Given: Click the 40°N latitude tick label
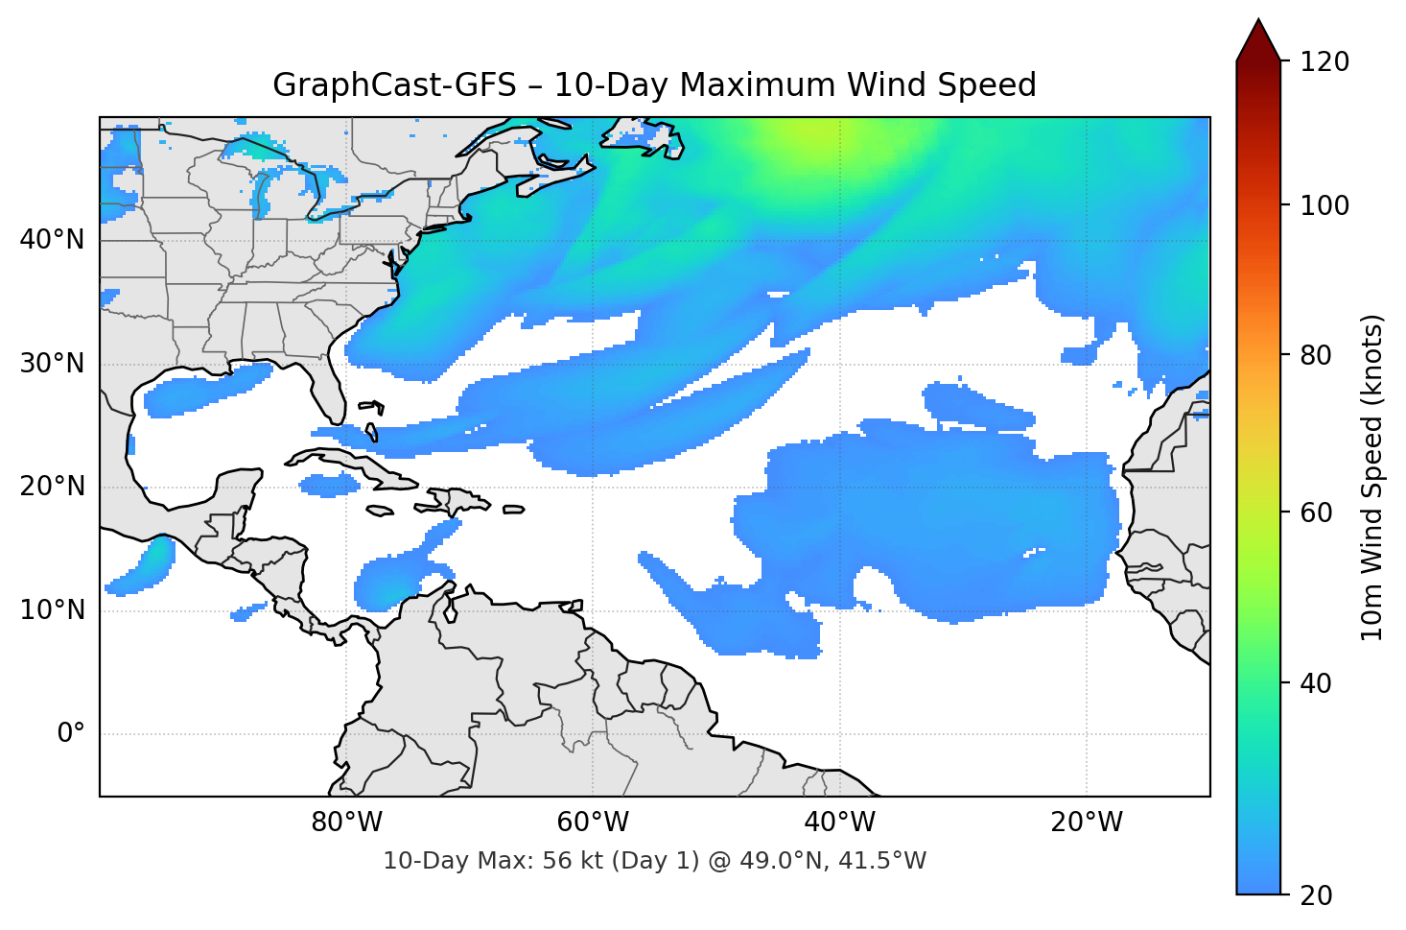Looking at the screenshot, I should (52, 240).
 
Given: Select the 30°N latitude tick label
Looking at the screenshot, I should (52, 364).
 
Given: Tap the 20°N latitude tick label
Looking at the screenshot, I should (52, 487).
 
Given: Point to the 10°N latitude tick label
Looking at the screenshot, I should (52, 610).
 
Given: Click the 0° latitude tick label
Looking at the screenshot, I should (71, 734).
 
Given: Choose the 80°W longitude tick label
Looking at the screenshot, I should (346, 823).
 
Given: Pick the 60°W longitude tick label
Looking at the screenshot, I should (593, 823).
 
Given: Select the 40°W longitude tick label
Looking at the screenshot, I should (840, 823).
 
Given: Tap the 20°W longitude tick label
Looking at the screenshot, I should (1087, 823).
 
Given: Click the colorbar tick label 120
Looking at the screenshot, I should (1324, 62).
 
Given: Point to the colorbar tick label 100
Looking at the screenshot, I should (1324, 205).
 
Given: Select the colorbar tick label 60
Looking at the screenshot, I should (1316, 513).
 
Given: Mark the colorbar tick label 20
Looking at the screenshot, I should (1316, 895).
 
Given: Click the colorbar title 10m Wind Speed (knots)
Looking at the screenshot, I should (1372, 477).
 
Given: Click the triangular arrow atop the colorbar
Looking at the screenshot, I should (1258, 40).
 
